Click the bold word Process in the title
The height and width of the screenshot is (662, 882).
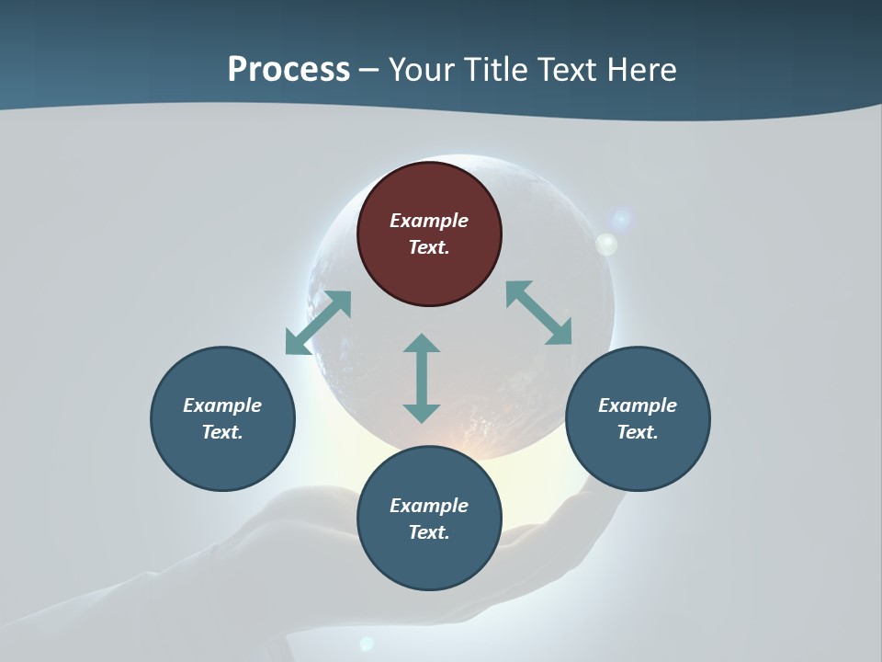(288, 69)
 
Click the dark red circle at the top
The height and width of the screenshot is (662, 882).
(429, 234)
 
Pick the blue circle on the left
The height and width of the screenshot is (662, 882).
(222, 418)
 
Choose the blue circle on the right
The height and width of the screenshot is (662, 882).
(638, 418)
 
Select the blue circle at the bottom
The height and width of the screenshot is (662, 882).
(429, 519)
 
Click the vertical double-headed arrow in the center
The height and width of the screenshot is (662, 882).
(422, 378)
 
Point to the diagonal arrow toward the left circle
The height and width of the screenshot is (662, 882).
(318, 323)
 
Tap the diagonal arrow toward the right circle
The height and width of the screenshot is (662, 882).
(538, 313)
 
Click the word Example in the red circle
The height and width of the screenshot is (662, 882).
(429, 221)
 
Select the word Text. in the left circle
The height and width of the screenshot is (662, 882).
(222, 432)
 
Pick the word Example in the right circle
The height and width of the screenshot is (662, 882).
(638, 405)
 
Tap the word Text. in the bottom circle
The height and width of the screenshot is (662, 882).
(429, 532)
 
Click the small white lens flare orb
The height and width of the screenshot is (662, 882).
(606, 244)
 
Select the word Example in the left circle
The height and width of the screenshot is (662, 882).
(222, 405)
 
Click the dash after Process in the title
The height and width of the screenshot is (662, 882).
(369, 70)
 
